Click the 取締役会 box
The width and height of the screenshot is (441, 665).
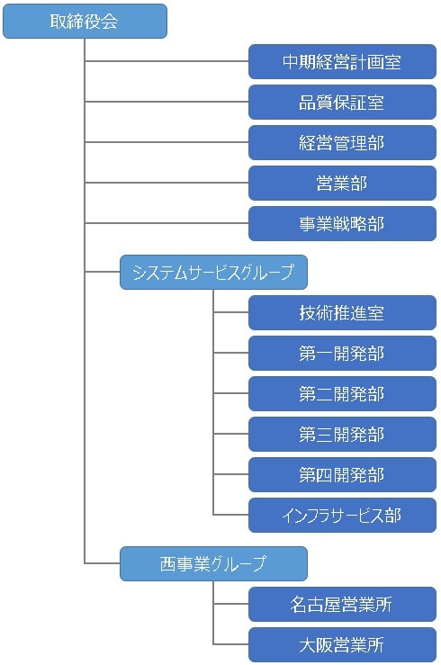click(85, 22)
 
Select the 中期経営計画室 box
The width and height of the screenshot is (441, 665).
click(342, 62)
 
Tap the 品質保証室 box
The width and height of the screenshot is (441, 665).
click(342, 103)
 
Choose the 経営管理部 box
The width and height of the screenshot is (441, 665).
click(342, 143)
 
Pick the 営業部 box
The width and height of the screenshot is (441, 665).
click(342, 184)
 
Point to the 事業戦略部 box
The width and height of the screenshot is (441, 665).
click(342, 224)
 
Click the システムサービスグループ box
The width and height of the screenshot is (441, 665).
click(213, 273)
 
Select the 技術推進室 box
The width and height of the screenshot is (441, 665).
click(342, 313)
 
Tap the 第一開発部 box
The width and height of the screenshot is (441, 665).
click(342, 354)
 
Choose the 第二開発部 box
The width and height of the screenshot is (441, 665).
click(342, 394)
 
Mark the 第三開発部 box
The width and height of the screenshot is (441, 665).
click(342, 435)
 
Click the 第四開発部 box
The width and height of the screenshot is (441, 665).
click(342, 475)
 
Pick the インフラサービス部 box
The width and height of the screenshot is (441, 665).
click(342, 516)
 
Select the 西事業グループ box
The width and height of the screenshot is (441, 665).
click(213, 564)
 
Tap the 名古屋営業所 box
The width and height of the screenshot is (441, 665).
click(342, 605)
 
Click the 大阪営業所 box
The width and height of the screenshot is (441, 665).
click(342, 645)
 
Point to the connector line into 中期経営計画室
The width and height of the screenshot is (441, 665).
click(166, 61)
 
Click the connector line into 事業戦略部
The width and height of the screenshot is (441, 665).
click(166, 223)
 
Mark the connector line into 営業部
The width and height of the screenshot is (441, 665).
click(166, 183)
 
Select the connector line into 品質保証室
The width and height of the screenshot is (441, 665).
click(166, 102)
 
